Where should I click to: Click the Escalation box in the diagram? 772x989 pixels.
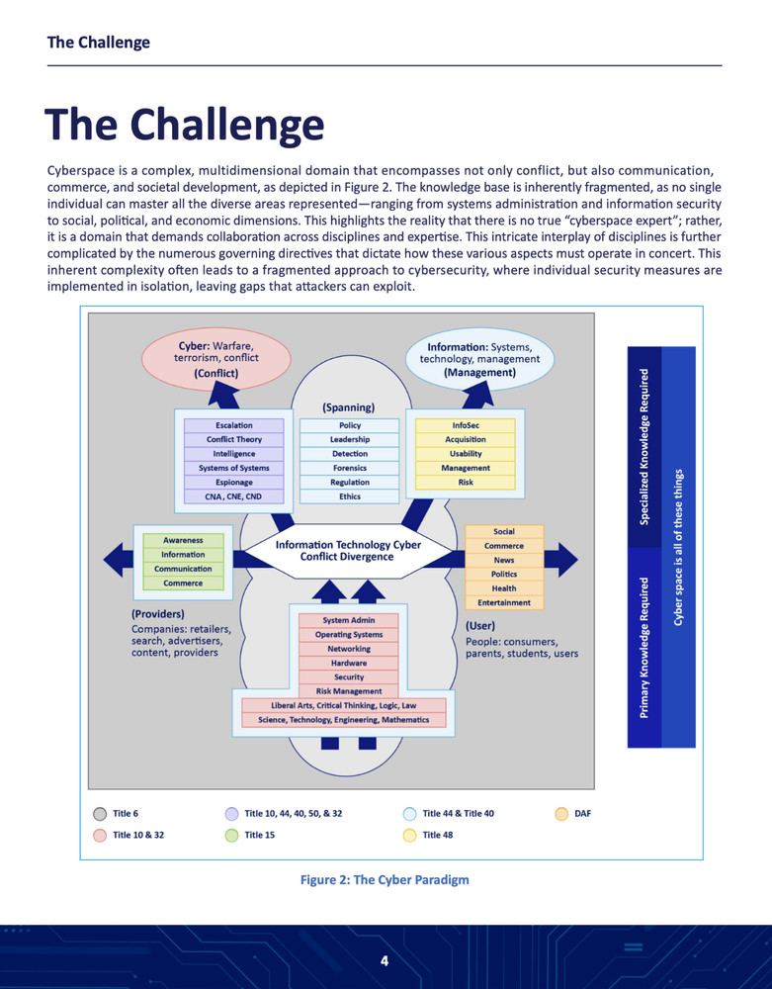click(233, 425)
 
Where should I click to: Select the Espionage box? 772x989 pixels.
click(233, 482)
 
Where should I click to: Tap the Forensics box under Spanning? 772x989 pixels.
click(349, 468)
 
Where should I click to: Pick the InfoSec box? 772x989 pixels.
click(465, 425)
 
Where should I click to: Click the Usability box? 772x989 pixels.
click(465, 454)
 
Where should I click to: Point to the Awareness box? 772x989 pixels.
click(183, 540)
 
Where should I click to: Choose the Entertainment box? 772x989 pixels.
click(504, 602)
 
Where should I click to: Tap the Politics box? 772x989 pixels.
click(504, 575)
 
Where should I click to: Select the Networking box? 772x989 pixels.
click(349, 649)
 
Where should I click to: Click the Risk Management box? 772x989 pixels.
click(349, 691)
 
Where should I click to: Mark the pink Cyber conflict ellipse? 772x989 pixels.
click(215, 360)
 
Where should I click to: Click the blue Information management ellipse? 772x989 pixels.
click(480, 360)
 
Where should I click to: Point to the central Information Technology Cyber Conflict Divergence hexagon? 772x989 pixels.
click(348, 551)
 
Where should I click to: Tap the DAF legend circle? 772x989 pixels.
click(560, 814)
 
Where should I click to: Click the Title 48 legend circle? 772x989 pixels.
click(409, 836)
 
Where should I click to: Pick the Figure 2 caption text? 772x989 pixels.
click(385, 880)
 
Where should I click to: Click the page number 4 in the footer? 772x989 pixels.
click(386, 961)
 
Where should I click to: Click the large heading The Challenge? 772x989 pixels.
click(185, 126)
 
